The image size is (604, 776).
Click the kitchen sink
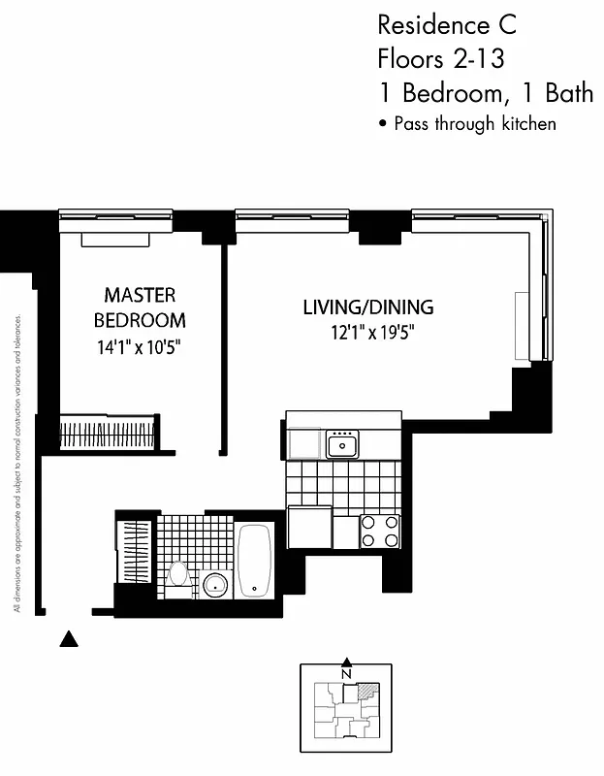342,445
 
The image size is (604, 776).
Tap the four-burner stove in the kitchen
380,531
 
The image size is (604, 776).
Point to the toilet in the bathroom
177,573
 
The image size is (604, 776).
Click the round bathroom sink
215,585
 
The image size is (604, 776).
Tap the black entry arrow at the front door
68,638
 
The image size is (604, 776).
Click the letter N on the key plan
346,674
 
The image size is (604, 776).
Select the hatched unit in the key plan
366,691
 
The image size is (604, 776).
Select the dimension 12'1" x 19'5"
367,333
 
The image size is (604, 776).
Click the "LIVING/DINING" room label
367,307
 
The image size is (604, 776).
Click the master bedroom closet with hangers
108,431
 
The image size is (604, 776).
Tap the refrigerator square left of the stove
309,528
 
